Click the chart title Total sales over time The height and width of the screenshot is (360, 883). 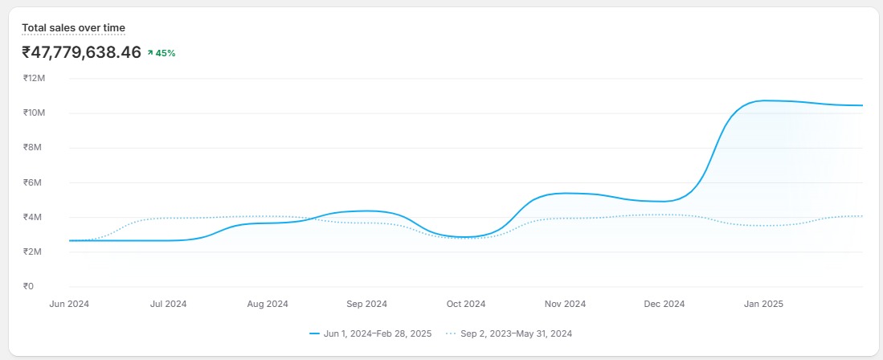[73, 28]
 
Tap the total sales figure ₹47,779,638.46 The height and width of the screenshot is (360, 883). [81, 53]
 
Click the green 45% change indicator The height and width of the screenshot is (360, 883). [161, 53]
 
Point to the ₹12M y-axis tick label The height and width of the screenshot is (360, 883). [34, 78]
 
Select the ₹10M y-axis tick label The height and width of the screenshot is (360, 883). [34, 112]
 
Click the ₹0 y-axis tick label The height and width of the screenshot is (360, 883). [28, 286]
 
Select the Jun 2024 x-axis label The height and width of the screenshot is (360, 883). [69, 304]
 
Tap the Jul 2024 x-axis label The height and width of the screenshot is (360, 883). [168, 304]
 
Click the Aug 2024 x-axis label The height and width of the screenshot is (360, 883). [268, 304]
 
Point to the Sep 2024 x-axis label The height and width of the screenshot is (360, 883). [366, 304]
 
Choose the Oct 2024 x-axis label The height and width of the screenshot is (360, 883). [466, 304]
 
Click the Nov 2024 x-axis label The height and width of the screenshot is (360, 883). [565, 304]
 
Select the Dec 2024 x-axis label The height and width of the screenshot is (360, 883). [664, 304]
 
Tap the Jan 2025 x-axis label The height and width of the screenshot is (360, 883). [763, 304]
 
